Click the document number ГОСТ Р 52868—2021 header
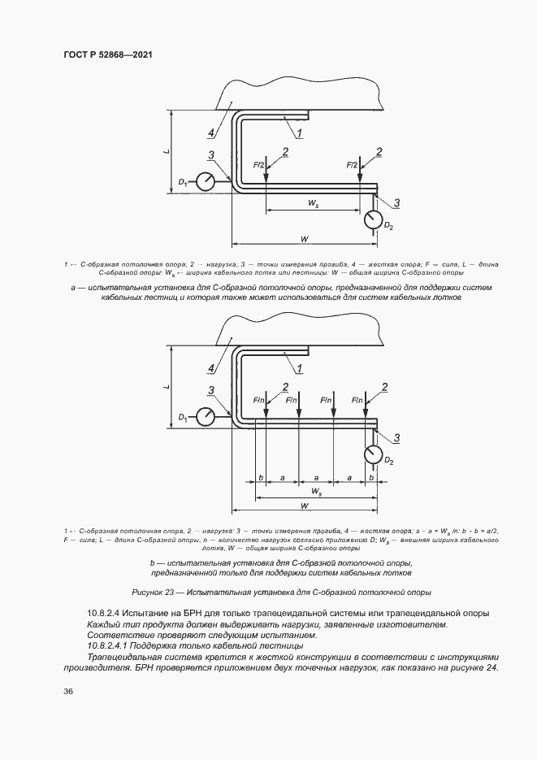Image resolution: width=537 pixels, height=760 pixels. pyautogui.click(x=108, y=54)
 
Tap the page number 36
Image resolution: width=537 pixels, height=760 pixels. pyautogui.click(x=69, y=691)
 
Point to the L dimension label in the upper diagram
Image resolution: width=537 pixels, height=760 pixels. pyautogui.click(x=166, y=150)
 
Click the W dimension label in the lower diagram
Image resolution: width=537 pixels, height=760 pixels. pyautogui.click(x=304, y=506)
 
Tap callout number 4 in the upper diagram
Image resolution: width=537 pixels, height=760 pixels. pyautogui.click(x=210, y=132)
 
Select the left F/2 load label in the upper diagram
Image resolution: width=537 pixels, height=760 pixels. pyautogui.click(x=259, y=165)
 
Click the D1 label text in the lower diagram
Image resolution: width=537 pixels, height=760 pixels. pyautogui.click(x=183, y=419)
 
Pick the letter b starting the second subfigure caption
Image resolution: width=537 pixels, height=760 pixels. pyautogui.click(x=153, y=562)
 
